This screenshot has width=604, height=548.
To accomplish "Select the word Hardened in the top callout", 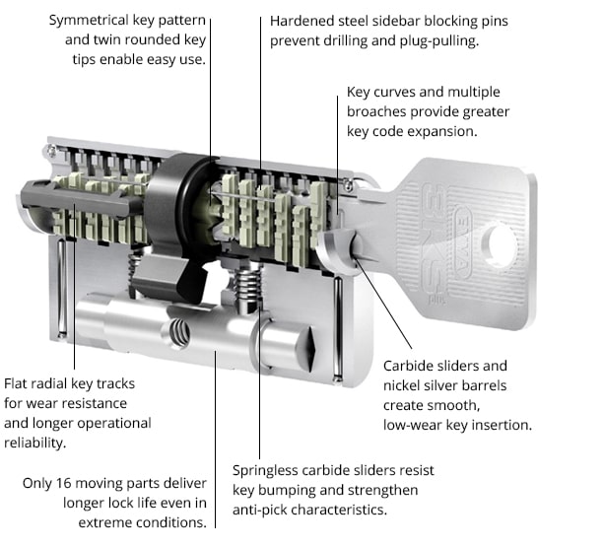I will [x=303, y=20].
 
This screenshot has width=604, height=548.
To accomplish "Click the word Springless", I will [x=269, y=470].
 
